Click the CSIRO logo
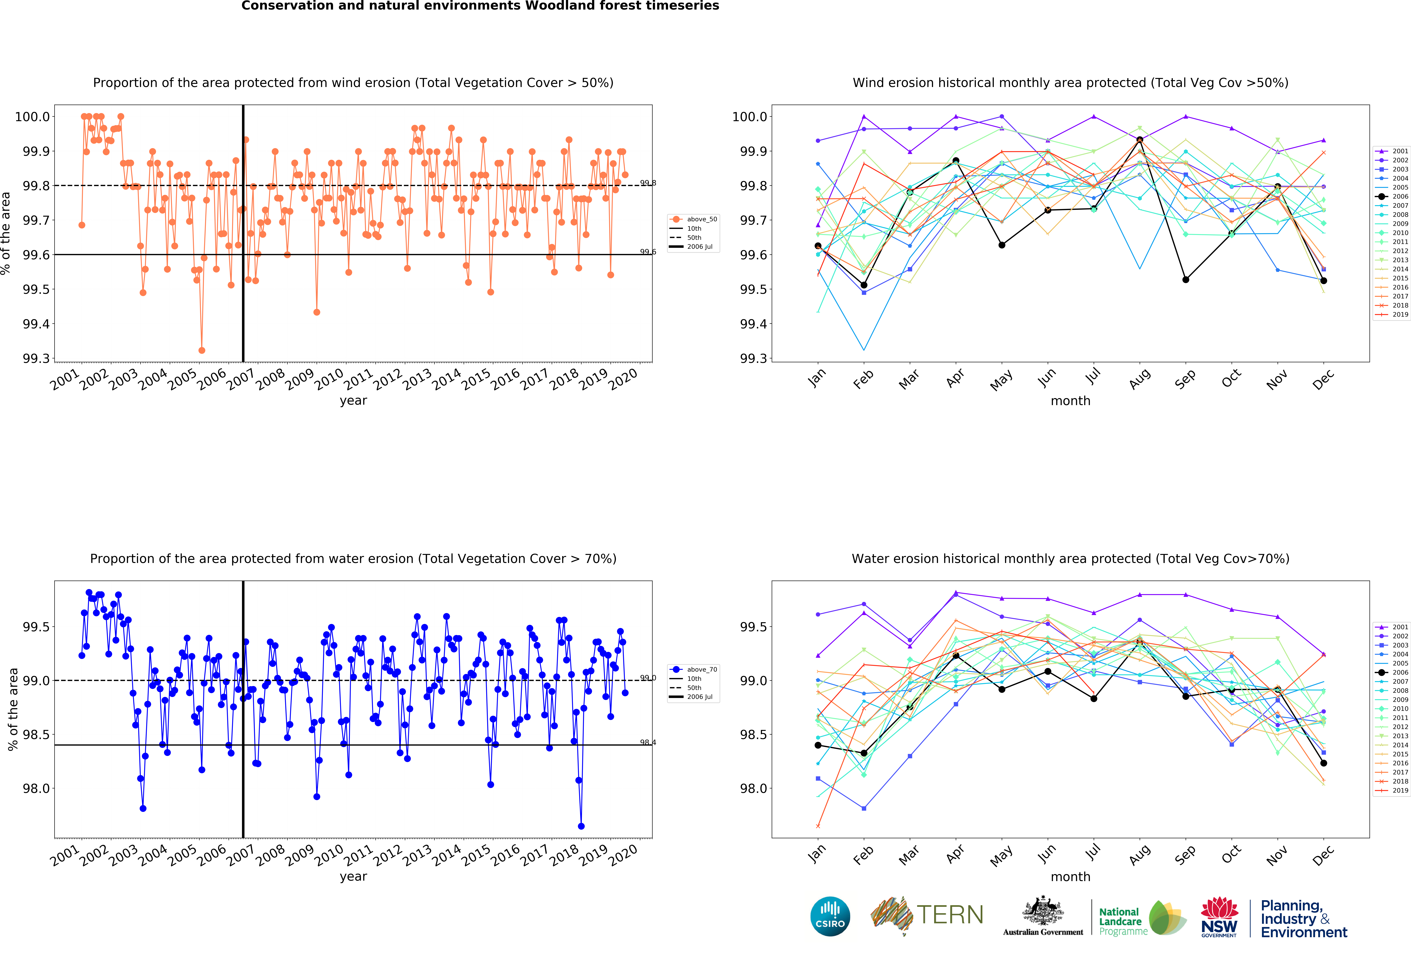[830, 917]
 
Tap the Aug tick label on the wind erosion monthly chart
[1140, 378]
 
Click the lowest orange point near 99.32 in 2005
[202, 350]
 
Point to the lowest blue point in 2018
[581, 826]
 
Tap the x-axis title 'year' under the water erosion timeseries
[353, 876]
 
